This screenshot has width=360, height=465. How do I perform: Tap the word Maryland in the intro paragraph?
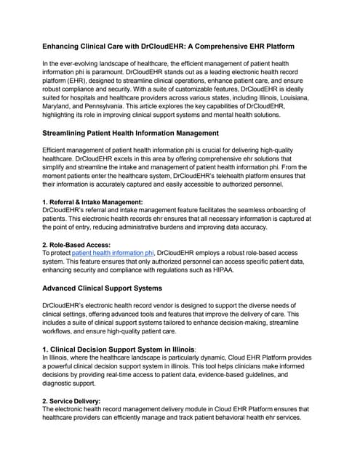click(61, 107)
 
